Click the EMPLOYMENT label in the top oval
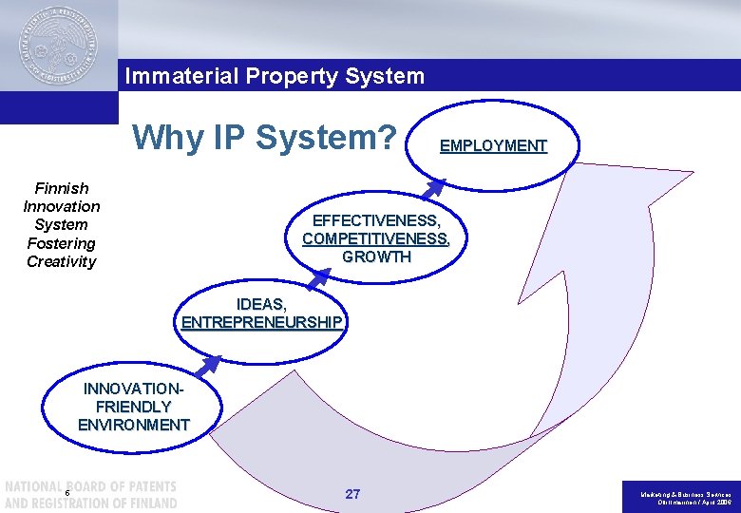[493, 145]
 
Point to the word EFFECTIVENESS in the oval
[376, 220]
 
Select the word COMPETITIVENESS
[376, 238]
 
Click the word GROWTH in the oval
[376, 256]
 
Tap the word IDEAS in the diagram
[261, 304]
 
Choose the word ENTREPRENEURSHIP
[261, 322]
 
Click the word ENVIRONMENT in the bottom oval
[134, 425]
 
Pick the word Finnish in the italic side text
[62, 188]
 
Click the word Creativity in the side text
[62, 261]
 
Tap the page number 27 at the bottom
[352, 494]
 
